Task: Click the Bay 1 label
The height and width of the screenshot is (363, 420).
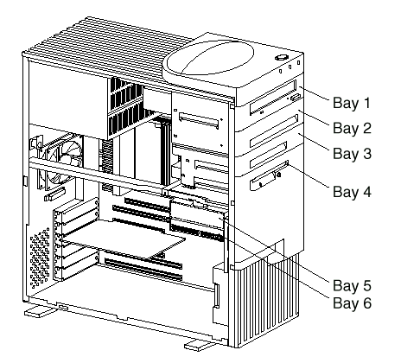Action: [x=351, y=103]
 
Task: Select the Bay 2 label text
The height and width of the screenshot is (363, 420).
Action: [x=352, y=128]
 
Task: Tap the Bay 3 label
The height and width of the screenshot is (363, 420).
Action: [x=352, y=153]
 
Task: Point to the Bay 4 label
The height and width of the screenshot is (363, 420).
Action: [x=352, y=192]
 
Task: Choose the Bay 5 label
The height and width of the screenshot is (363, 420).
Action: [x=352, y=285]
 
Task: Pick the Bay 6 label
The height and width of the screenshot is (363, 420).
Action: [x=352, y=303]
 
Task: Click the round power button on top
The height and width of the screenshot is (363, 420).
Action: [x=282, y=57]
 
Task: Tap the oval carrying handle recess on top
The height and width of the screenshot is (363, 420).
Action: [x=208, y=58]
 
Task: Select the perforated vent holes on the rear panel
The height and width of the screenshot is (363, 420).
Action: [x=40, y=258]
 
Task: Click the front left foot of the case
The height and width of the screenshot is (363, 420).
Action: [x=39, y=312]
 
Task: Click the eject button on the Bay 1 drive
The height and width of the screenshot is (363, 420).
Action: [x=296, y=97]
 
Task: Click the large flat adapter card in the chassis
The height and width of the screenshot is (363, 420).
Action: [x=123, y=239]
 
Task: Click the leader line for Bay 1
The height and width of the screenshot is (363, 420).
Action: [x=314, y=93]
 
